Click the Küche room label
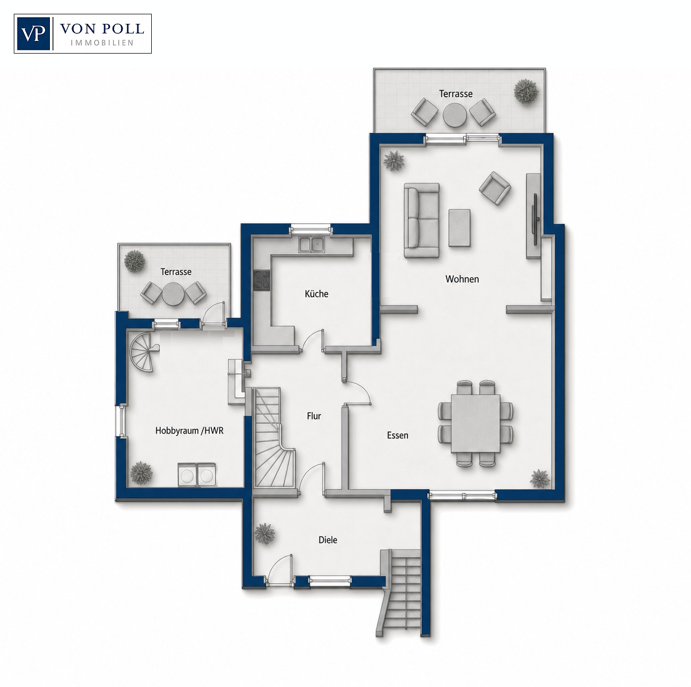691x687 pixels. [x=316, y=294]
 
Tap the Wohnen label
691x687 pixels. [x=462, y=279]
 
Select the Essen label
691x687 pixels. [x=398, y=436]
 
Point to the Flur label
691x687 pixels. [x=314, y=416]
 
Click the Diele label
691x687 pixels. [x=328, y=540]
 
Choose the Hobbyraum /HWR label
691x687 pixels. [x=189, y=431]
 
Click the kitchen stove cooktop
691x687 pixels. [x=262, y=281]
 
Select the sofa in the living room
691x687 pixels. [x=421, y=220]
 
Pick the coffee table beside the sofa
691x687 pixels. [x=460, y=228]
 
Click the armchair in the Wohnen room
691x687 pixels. [x=495, y=188]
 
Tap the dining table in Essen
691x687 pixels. [x=476, y=423]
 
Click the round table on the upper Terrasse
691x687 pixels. [x=455, y=115]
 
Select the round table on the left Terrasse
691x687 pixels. [x=174, y=294]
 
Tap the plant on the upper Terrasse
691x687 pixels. [x=526, y=91]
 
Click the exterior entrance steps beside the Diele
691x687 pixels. [x=402, y=595]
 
